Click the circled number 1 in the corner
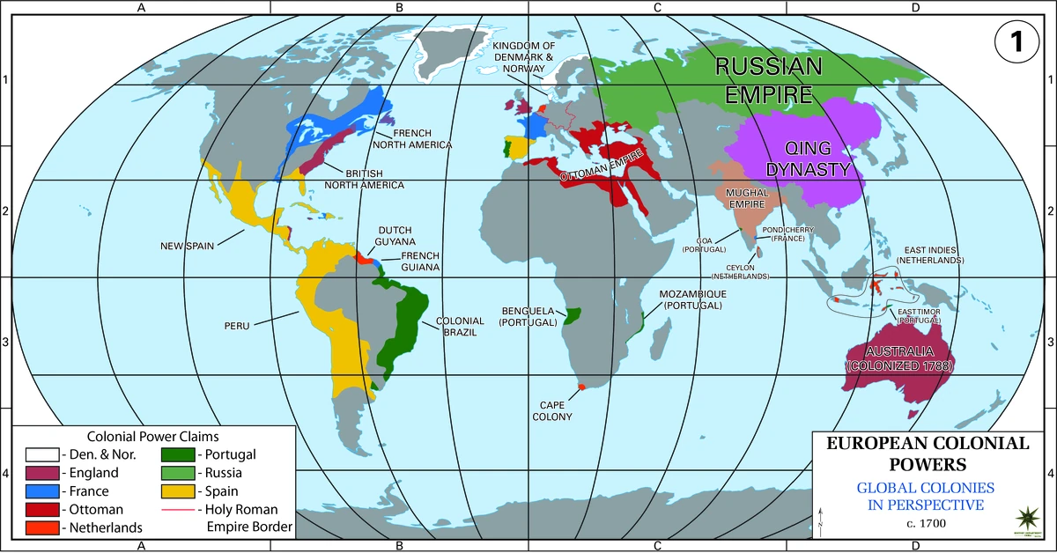tap(1016, 42)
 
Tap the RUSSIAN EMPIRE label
tap(768, 79)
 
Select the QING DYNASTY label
tap(809, 159)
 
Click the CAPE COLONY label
tap(552, 410)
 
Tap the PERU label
tap(238, 325)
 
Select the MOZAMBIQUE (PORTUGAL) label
tap(692, 299)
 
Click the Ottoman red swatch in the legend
tap(41, 510)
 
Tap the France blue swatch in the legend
tap(41, 491)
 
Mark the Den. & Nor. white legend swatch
tap(41, 455)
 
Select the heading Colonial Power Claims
tap(153, 436)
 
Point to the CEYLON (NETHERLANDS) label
tap(747, 271)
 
